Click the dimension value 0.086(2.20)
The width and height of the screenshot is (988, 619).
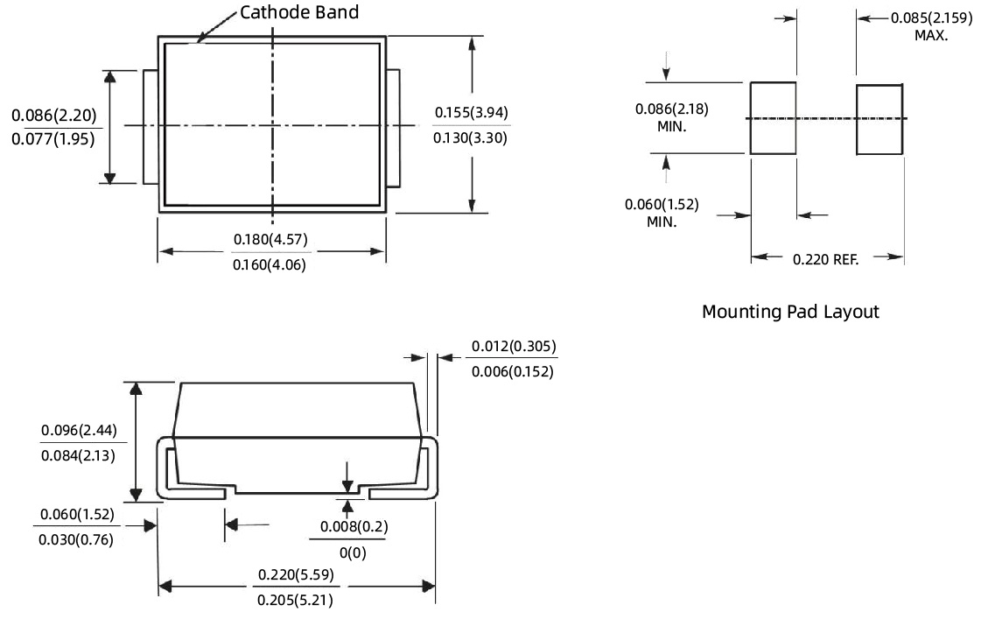[x=54, y=116]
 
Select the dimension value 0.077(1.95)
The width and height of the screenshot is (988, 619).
[x=54, y=139]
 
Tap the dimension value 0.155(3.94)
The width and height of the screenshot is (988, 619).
[x=471, y=113]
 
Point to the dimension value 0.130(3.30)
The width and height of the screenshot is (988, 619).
[x=471, y=137]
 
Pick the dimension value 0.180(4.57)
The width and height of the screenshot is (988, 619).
[x=270, y=240]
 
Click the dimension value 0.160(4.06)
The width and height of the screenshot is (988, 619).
[x=270, y=264]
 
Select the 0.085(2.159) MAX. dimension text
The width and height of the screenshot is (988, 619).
[x=931, y=26]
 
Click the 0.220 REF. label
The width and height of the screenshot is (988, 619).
[x=826, y=258]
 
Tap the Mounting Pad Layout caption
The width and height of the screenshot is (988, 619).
[x=790, y=312]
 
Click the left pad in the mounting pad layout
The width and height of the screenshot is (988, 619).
[x=773, y=118]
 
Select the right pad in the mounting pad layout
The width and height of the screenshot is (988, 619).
[x=879, y=119]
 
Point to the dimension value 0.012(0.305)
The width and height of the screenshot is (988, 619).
[x=514, y=347]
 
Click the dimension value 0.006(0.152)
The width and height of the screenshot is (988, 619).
[x=514, y=371]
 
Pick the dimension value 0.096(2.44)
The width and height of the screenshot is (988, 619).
[x=79, y=430]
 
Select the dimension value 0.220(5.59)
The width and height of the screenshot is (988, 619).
[x=295, y=575]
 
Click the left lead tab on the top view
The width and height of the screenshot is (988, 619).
[x=151, y=126]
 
